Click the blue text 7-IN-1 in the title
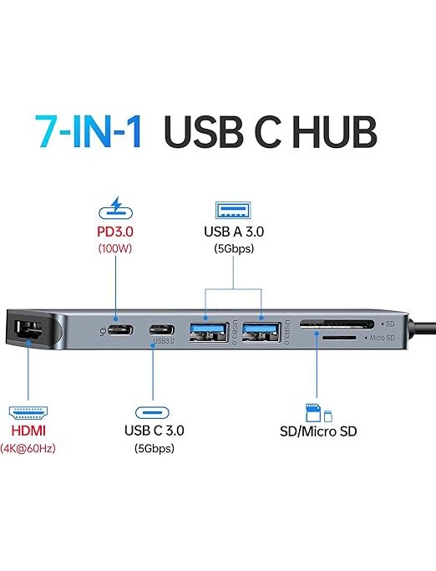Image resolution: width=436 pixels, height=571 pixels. click(x=88, y=131)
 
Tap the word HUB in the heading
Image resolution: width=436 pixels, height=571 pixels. click(x=335, y=131)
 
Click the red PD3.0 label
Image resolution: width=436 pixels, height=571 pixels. click(x=115, y=232)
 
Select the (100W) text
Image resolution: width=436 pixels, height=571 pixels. click(x=115, y=249)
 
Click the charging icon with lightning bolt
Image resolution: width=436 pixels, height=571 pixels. click(x=116, y=208)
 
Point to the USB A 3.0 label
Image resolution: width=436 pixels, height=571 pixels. click(x=234, y=232)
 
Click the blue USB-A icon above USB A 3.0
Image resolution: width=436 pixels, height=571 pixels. click(x=233, y=210)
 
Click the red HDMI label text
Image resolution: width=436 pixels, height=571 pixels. click(x=28, y=431)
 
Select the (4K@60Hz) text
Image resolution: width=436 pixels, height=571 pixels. click(x=28, y=448)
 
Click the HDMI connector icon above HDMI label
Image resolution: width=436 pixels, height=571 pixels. click(x=28, y=412)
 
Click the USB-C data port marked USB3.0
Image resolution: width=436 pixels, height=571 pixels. click(x=161, y=330)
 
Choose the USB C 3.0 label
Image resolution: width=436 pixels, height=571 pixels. click(x=155, y=431)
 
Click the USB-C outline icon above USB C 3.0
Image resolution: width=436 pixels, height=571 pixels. click(x=153, y=412)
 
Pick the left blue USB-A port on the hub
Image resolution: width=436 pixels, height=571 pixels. click(x=209, y=332)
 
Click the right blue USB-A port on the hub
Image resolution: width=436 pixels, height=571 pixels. click(x=261, y=332)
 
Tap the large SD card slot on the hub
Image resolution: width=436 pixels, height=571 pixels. click(x=337, y=324)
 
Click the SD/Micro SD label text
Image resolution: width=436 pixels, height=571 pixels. click(x=318, y=431)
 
